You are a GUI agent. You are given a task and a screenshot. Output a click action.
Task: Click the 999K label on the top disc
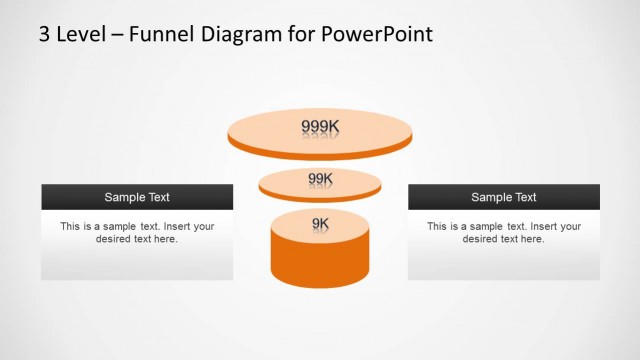320,127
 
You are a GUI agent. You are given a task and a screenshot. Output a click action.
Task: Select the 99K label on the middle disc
320,179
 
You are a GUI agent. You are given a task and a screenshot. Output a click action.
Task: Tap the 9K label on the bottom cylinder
320,223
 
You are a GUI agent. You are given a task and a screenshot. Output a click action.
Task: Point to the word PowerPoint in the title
378,34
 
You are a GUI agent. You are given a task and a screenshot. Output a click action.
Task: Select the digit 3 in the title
45,34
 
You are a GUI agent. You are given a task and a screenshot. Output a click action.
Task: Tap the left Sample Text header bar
137,197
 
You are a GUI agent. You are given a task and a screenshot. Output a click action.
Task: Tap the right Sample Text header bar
504,197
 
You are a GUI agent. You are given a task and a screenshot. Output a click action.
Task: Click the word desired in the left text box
114,240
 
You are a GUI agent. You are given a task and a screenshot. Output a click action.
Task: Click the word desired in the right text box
481,240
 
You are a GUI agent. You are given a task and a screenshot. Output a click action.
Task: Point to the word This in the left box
70,227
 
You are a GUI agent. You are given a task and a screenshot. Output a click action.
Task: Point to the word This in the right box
437,227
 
